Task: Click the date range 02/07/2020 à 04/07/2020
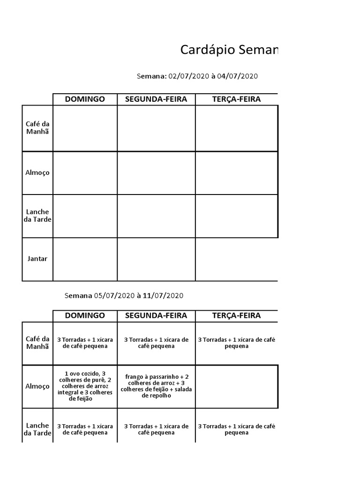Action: [197, 77]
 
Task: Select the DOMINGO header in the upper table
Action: [85, 99]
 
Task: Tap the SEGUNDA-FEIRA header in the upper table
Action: [156, 99]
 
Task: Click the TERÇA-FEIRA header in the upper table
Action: [236, 99]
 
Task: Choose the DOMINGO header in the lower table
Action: [85, 316]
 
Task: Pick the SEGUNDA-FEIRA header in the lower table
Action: [156, 316]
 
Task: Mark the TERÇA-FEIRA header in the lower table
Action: [236, 316]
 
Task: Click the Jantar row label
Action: [37, 259]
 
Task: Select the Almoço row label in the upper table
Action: [37, 172]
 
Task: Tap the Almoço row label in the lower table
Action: [37, 386]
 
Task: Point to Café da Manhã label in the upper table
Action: [37, 127]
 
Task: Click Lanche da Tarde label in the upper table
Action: [37, 216]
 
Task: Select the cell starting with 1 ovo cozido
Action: [85, 386]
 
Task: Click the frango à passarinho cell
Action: [156, 386]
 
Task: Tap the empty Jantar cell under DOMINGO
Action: [85, 259]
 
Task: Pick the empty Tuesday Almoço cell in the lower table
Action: [236, 386]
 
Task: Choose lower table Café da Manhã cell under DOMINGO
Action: [85, 343]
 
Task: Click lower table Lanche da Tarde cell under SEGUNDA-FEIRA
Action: [156, 429]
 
